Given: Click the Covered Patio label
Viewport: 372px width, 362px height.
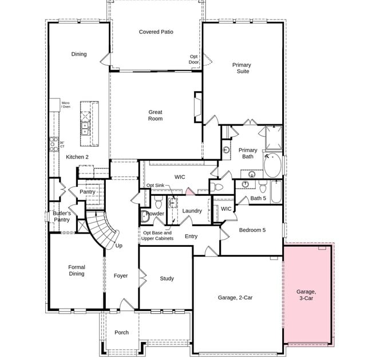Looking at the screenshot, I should tap(156, 32).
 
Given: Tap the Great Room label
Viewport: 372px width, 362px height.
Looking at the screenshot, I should tap(155, 116).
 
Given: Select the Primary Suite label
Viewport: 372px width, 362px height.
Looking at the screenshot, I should tap(242, 68).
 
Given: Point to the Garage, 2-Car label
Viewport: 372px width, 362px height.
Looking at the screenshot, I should tap(235, 298).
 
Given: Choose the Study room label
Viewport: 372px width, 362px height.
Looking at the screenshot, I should tap(167, 279).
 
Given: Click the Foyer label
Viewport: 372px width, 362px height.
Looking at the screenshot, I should tap(121, 276).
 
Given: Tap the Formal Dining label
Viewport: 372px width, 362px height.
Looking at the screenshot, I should tap(77, 270).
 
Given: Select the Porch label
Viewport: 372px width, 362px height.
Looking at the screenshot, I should tap(121, 332).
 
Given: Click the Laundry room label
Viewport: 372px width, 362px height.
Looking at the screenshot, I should tap(192, 211).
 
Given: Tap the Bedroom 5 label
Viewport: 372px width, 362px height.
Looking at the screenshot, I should tap(252, 230).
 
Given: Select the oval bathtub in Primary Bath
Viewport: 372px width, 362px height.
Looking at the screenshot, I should tap(273, 166).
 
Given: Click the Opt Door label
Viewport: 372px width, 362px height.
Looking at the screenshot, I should tap(194, 59).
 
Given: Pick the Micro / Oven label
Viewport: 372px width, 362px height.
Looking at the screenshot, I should tap(65, 105).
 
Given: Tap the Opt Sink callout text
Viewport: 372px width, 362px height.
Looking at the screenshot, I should tap(155, 186).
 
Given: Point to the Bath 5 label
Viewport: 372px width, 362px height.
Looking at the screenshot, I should tap(259, 198).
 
